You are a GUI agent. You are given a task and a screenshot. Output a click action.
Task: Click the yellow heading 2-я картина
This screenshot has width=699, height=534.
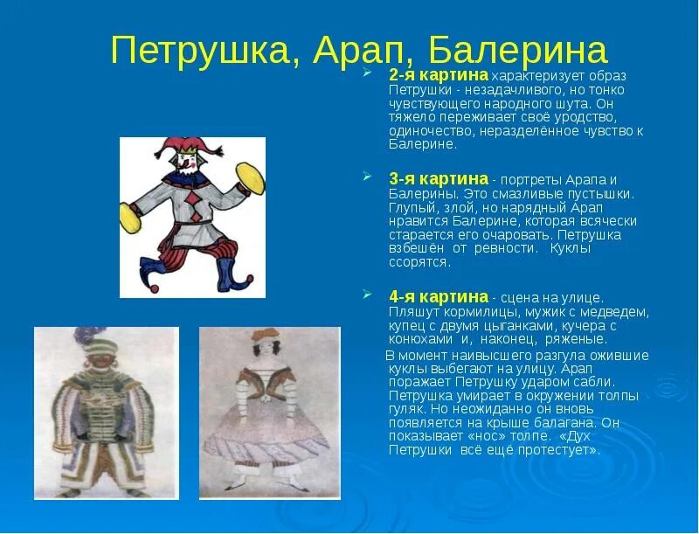click(x=438, y=76)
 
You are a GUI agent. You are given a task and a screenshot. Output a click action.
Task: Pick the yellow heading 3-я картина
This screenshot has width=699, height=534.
click(x=438, y=178)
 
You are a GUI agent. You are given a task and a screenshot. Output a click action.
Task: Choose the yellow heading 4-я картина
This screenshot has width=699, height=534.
click(x=438, y=297)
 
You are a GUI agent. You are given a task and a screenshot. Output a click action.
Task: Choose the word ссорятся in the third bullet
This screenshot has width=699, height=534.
click(x=419, y=262)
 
